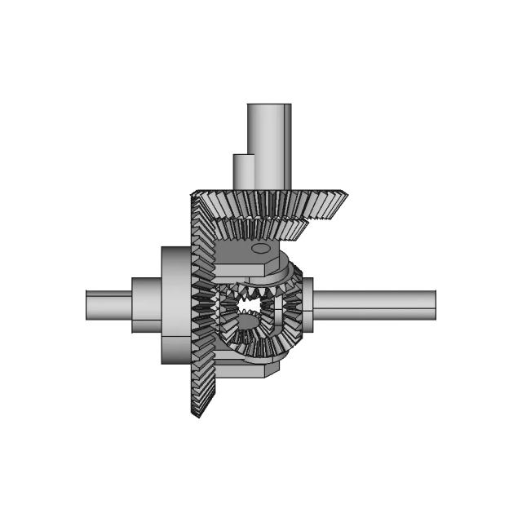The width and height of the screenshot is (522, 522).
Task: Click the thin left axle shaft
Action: coord(109,305)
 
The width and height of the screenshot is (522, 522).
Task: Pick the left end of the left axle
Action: coord(87,305)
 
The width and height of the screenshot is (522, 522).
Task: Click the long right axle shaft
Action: coord(375,304)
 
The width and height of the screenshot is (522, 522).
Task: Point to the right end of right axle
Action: coord(434,304)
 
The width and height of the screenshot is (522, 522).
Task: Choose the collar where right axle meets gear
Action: coord(308,304)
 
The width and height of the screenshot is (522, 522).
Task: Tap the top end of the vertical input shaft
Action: coord(269,106)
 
